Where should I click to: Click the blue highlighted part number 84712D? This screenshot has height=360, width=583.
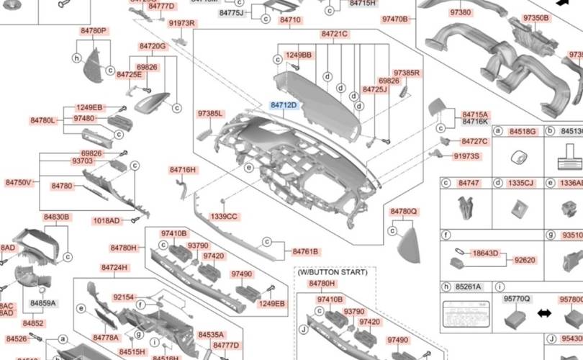pyautogui.click(x=284, y=105)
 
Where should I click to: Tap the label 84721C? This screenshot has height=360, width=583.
pyautogui.click(x=335, y=34)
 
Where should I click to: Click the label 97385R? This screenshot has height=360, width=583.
pyautogui.click(x=407, y=73)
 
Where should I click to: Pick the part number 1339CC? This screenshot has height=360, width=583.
pyautogui.click(x=223, y=216)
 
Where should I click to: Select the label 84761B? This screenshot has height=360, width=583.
pyautogui.click(x=306, y=251)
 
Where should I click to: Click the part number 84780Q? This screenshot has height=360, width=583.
pyautogui.click(x=404, y=211)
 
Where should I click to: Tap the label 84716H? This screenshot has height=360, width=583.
pyautogui.click(x=183, y=170)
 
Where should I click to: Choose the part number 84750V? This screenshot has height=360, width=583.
pyautogui.click(x=18, y=183)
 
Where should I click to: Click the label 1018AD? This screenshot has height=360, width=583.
pyautogui.click(x=107, y=220)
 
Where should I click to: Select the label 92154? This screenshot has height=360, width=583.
pyautogui.click(x=124, y=297)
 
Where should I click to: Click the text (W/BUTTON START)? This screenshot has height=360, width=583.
pyautogui.click(x=332, y=272)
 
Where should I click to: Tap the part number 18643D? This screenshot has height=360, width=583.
pyautogui.click(x=486, y=253)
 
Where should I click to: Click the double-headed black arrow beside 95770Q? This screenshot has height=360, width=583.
pyautogui.click(x=545, y=314)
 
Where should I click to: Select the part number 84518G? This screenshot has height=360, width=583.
pyautogui.click(x=523, y=132)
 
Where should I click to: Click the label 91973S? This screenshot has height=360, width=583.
pyautogui.click(x=466, y=156)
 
